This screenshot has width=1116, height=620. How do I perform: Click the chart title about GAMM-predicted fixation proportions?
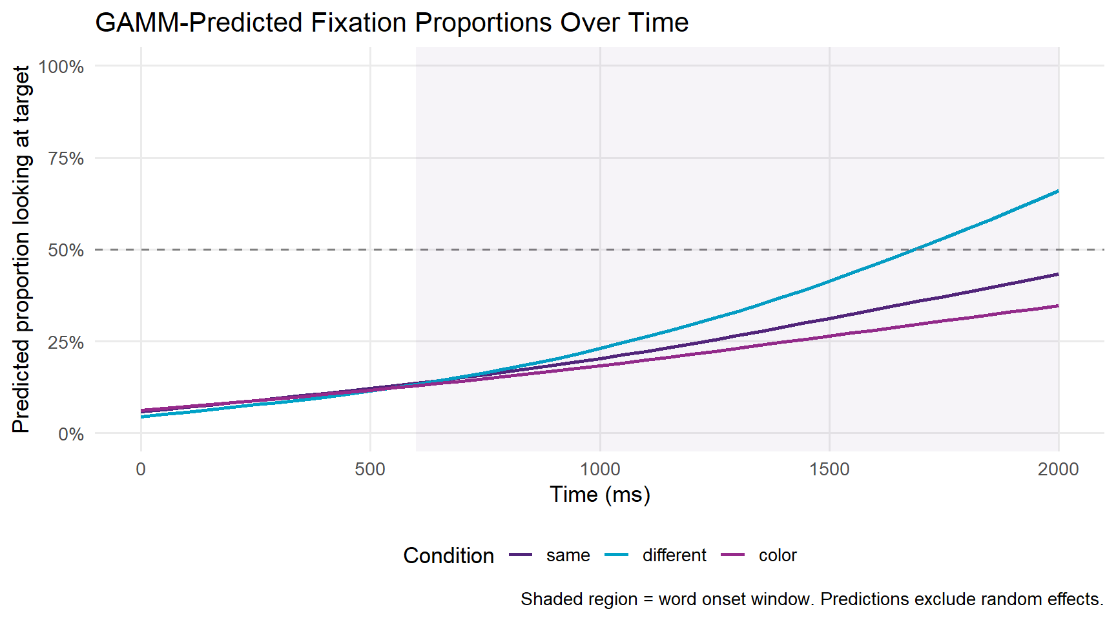point(391,23)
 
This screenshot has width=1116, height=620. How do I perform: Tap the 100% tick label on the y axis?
point(61,67)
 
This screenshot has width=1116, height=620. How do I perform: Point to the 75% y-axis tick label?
point(65,158)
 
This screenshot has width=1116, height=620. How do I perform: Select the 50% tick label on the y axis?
point(65,250)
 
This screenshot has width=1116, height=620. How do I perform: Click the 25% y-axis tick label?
point(65,342)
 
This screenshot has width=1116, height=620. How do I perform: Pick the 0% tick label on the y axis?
point(70,434)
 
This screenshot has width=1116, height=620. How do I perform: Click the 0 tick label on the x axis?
point(141,469)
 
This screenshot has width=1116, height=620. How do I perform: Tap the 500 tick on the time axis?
point(370,469)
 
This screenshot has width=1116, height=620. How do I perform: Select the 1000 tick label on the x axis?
point(600,469)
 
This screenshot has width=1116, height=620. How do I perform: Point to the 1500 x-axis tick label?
point(829,469)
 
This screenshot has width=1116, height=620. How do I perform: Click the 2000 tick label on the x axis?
point(1059,469)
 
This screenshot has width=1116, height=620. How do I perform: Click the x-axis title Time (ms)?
point(600,495)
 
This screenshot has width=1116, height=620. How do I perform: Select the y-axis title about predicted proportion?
point(21,249)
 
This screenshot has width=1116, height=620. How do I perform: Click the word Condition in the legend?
point(448,555)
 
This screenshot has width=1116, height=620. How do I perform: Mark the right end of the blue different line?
point(1058,191)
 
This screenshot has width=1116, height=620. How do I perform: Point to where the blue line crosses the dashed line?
point(914,249)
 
